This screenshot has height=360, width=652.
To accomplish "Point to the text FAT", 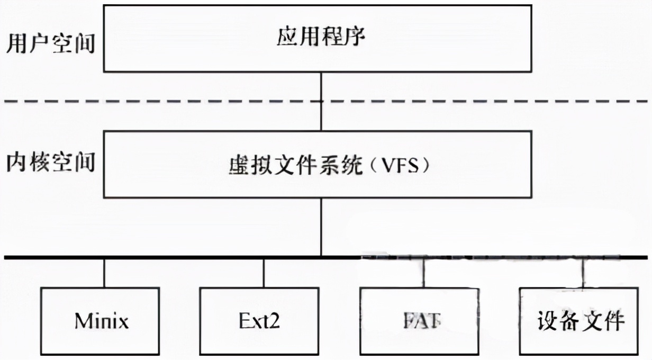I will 420,321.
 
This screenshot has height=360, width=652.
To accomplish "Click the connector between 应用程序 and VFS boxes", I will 321,101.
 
